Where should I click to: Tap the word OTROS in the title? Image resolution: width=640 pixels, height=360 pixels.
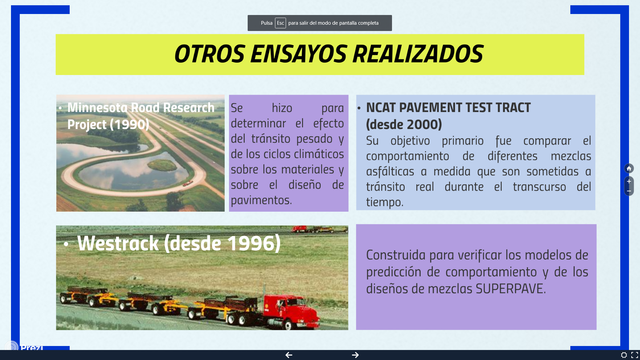pos(205,54)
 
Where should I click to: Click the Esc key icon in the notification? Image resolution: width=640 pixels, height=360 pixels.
pos(281,22)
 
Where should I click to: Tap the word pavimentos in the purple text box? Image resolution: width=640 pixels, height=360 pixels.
pos(261,199)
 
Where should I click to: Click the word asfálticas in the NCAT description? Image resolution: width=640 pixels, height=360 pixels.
pos(395,171)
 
